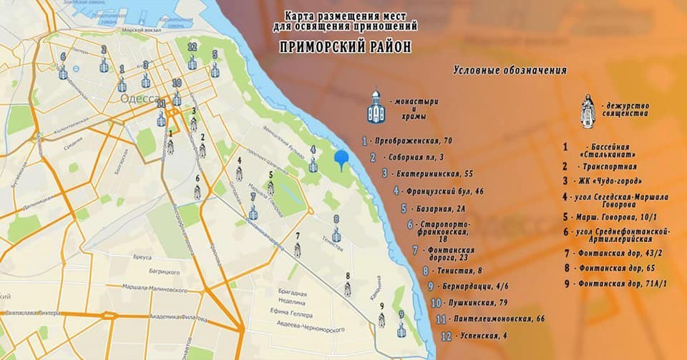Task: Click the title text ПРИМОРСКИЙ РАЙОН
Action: point(346,47)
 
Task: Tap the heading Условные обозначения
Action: point(510,70)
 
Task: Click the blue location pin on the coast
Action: point(342,159)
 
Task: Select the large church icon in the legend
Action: point(376,107)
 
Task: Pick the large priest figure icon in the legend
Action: point(588,112)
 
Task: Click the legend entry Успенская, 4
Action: point(474,335)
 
